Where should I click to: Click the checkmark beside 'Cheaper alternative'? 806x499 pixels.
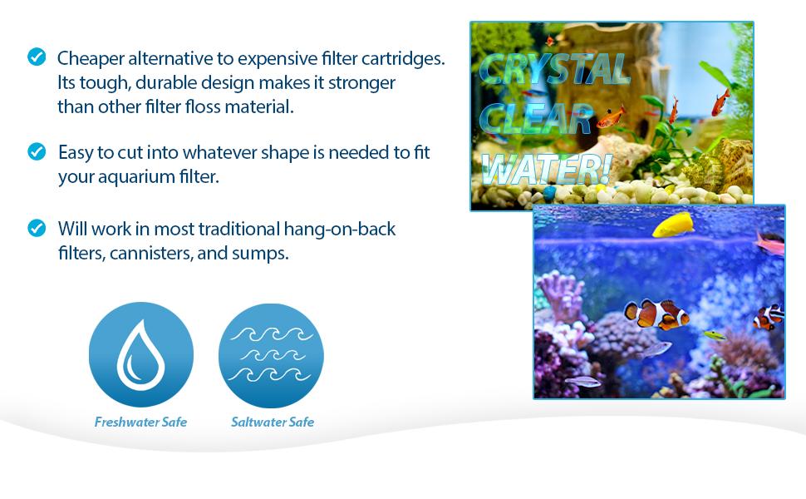pos(37,57)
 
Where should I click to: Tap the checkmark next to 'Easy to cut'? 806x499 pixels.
pos(37,151)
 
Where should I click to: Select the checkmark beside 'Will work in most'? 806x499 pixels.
pos(37,228)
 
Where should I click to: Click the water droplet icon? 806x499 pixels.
pos(141,354)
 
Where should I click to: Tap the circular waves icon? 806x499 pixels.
pos(271,356)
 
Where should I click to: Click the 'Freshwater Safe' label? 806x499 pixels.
pos(140,422)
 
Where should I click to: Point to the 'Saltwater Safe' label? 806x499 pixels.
pos(273,422)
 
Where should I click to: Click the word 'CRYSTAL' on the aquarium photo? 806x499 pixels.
pos(554,69)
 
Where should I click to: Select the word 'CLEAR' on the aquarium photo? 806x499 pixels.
pos(536,118)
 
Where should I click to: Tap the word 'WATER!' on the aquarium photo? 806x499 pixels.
pos(547,168)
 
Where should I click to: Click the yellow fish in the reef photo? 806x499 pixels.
pos(673,225)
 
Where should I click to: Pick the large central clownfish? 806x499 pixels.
pos(656,314)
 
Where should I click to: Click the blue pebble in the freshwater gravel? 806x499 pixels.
pos(549,193)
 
